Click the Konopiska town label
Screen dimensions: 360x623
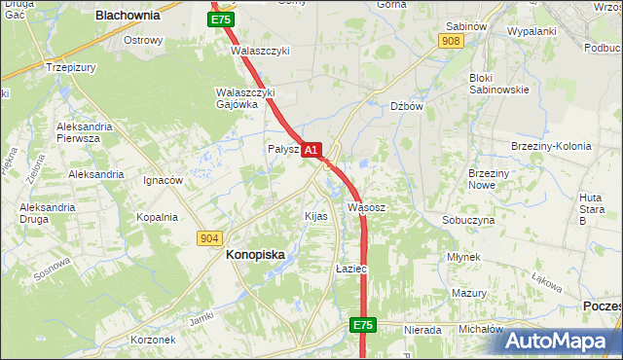[x=255, y=254]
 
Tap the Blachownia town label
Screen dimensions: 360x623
[x=128, y=16]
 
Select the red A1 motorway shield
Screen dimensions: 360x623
[x=311, y=150]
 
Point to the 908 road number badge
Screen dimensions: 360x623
[x=450, y=41]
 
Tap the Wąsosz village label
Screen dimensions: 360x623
[x=367, y=207]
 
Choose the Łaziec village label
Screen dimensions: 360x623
[x=349, y=268]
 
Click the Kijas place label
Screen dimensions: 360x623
[x=316, y=215]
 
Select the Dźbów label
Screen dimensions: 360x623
[x=406, y=107]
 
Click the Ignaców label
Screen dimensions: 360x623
[x=163, y=180]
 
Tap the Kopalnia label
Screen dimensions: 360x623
[x=157, y=217]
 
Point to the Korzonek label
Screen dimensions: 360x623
[x=153, y=340]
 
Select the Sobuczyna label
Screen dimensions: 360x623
[x=468, y=220]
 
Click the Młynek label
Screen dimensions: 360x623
[x=464, y=257]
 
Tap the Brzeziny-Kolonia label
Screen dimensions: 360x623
[x=551, y=146]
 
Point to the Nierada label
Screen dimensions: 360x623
[x=422, y=330]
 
